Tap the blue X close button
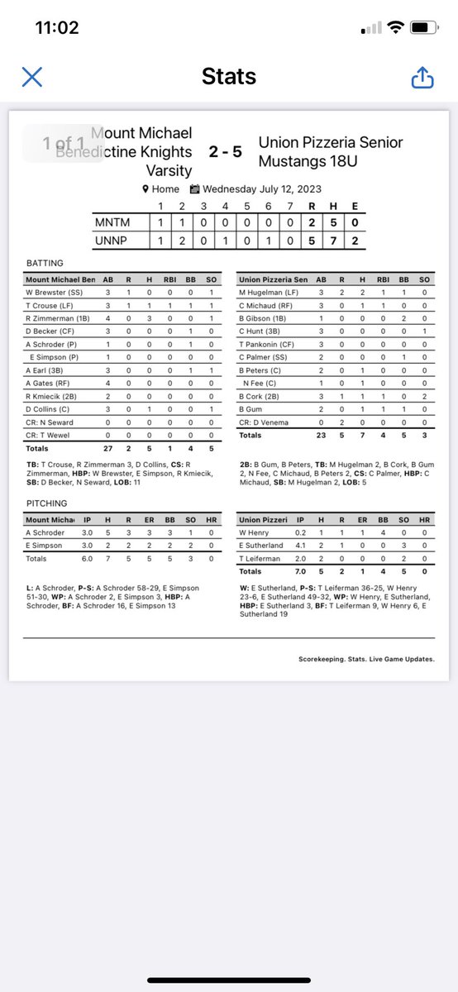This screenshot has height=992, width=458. (31, 78)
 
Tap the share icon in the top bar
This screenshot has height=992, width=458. (422, 78)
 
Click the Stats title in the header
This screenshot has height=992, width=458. (228, 78)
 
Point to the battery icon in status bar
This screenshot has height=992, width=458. (422, 27)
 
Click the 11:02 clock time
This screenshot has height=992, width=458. (57, 27)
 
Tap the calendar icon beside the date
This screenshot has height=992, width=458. (195, 188)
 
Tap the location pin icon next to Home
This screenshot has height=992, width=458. (146, 188)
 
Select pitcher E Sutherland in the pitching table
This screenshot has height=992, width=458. (260, 546)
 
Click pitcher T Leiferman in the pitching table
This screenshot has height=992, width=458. (260, 558)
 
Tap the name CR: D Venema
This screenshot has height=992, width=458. (264, 422)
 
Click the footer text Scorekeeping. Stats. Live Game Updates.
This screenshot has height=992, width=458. (366, 659)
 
